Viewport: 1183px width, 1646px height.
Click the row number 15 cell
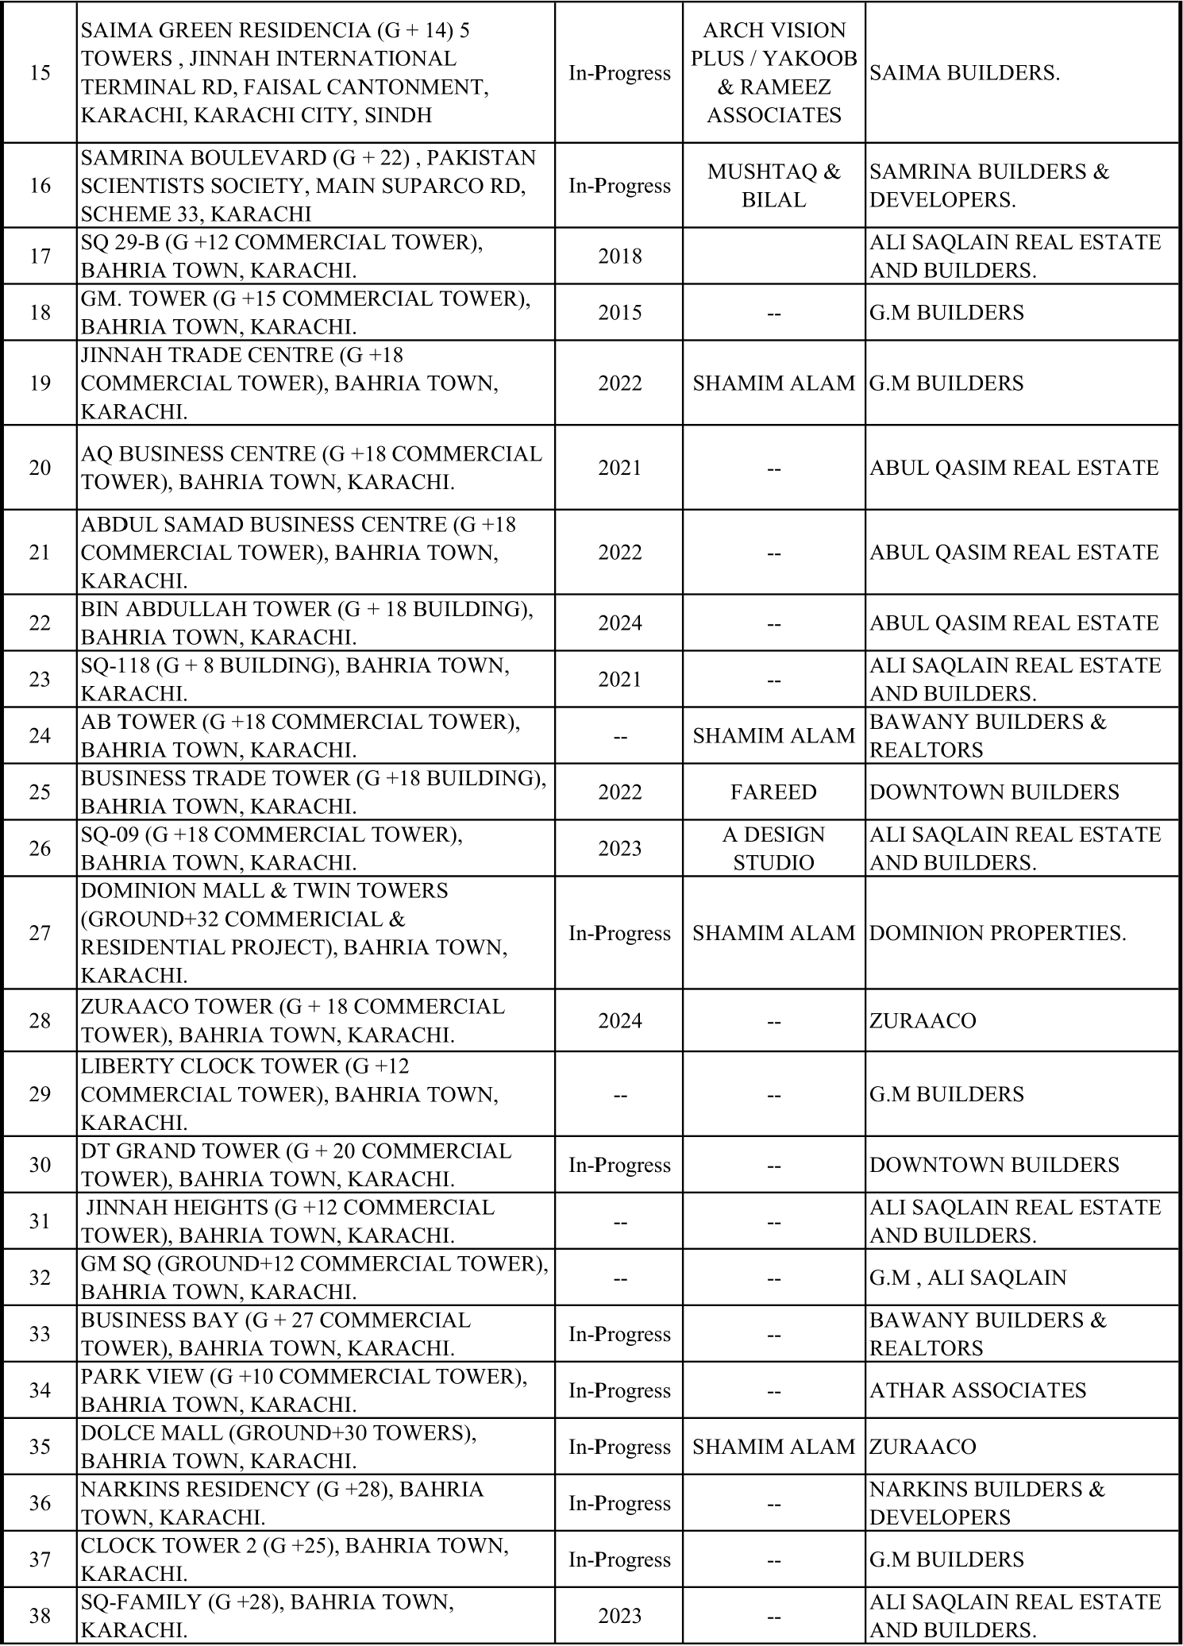click(40, 73)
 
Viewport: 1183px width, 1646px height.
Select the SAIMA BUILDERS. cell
click(965, 73)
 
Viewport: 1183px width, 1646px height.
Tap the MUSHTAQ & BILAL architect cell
click(773, 186)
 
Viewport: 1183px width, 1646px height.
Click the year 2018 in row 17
click(619, 256)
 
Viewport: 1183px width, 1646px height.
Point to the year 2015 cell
click(619, 313)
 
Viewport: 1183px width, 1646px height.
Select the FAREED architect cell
click(773, 792)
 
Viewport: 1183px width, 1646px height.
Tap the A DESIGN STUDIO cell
click(773, 849)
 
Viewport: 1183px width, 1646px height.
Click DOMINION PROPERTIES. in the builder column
click(997, 933)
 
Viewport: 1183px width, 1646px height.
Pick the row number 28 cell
click(40, 1021)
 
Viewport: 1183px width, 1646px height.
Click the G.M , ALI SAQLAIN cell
click(968, 1278)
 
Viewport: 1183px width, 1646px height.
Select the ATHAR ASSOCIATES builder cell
click(977, 1390)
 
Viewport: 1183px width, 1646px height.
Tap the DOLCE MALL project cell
click(279, 1447)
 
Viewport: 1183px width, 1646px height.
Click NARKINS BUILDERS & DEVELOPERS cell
click(987, 1503)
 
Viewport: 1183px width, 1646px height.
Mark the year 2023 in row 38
click(619, 1616)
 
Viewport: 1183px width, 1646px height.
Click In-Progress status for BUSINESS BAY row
click(619, 1334)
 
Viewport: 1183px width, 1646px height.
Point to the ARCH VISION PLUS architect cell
click(773, 73)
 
